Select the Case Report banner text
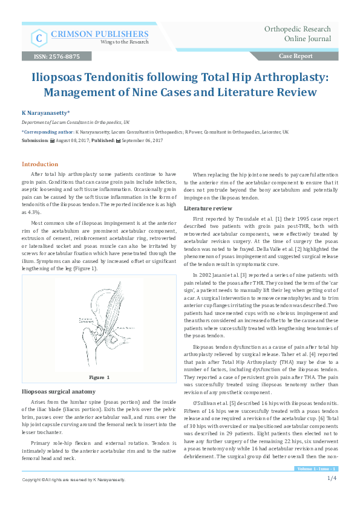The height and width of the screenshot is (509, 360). [295, 56]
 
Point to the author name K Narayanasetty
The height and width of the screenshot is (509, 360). [46, 112]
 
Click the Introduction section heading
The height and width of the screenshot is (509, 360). [40, 164]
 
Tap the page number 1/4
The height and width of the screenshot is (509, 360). [332, 495]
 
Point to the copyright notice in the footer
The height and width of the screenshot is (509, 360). [73, 496]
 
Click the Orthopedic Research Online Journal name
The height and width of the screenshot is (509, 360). [298, 34]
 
